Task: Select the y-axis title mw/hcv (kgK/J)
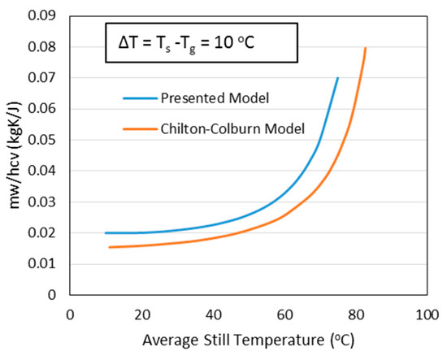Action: [15, 156]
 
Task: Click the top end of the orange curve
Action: [366, 48]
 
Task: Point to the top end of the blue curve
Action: [337, 78]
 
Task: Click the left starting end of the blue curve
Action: [106, 232]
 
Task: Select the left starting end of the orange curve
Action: [109, 247]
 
